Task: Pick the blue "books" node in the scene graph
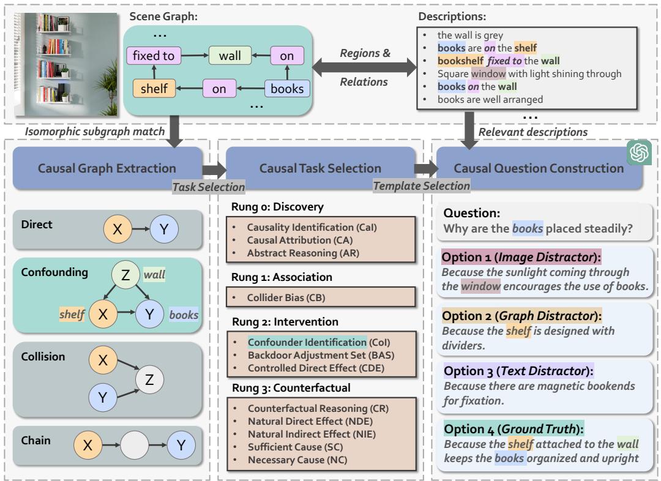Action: pos(287,89)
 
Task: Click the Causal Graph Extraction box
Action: pos(108,168)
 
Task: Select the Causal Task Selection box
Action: pos(320,168)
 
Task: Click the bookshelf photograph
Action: pos(67,64)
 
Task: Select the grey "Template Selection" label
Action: pos(422,185)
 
